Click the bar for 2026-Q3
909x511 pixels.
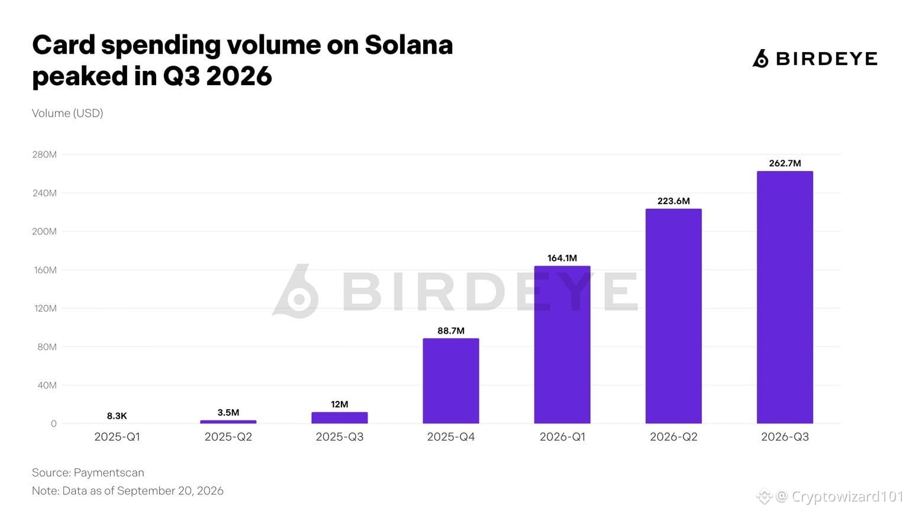(x=785, y=297)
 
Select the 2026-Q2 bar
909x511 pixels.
(x=673, y=316)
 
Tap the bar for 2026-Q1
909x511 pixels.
(x=562, y=345)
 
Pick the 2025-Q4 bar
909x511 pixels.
(x=451, y=381)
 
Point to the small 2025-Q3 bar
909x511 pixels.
(x=340, y=418)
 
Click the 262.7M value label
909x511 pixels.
(x=785, y=163)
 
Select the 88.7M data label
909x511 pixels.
(x=451, y=331)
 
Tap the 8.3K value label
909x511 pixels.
(x=117, y=416)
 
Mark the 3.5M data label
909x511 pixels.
(x=228, y=413)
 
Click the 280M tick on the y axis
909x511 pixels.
(x=44, y=154)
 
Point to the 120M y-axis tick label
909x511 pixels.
(x=45, y=309)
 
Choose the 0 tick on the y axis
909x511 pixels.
(x=54, y=424)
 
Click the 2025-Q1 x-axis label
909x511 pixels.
(x=117, y=437)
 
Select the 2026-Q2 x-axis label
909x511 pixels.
(x=673, y=437)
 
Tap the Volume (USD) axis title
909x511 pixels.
(x=67, y=113)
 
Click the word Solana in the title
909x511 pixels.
(x=409, y=45)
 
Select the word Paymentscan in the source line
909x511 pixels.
(x=109, y=473)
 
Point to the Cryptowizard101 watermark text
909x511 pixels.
(x=847, y=496)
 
